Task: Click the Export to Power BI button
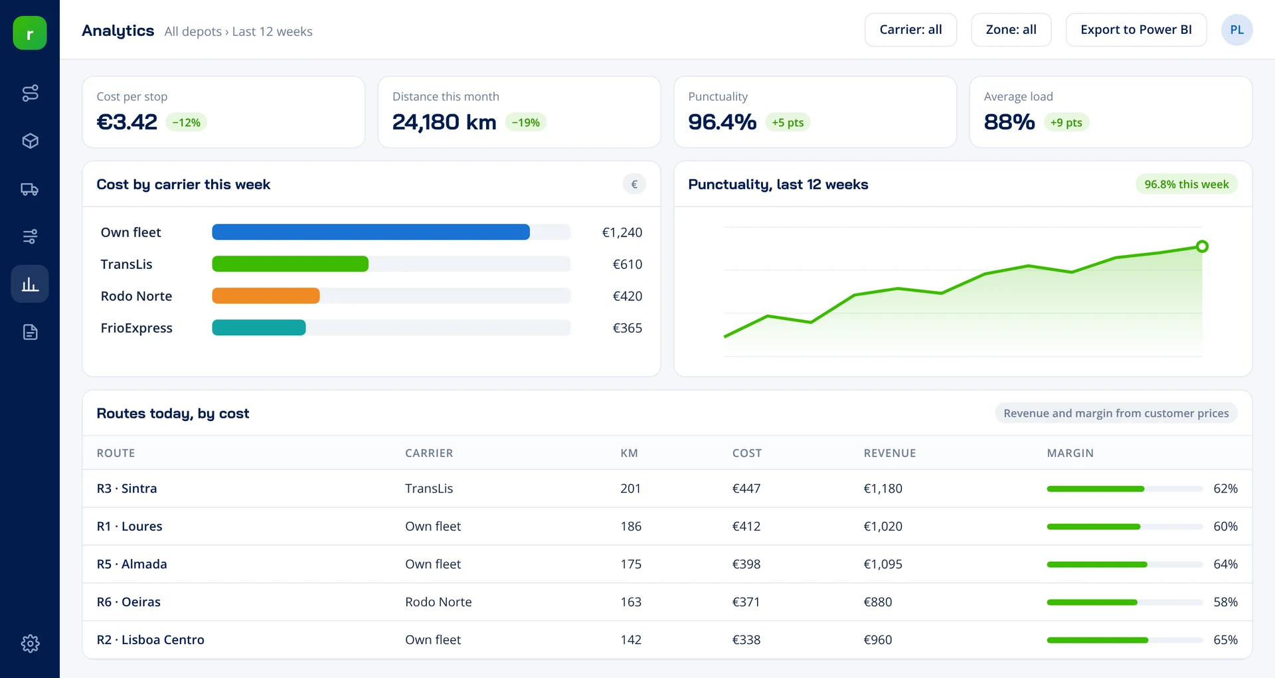(x=1136, y=30)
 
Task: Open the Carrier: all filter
(x=910, y=30)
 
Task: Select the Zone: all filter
(x=1011, y=30)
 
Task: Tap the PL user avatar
(x=1236, y=30)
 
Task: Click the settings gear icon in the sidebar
(x=30, y=643)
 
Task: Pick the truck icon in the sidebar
(x=30, y=189)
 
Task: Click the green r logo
(x=30, y=33)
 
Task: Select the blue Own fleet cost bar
(x=371, y=232)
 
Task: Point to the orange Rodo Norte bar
(x=266, y=296)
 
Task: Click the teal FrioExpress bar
(x=259, y=327)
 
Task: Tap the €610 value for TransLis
(x=627, y=264)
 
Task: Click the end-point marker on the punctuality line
(x=1202, y=246)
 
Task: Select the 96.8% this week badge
(x=1186, y=185)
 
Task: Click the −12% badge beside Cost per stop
(x=186, y=122)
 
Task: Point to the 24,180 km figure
(x=444, y=122)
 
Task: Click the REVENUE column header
(x=889, y=453)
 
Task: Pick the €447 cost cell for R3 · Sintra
(x=746, y=489)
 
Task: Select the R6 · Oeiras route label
(x=129, y=602)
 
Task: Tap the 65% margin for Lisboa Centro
(x=1225, y=640)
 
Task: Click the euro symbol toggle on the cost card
(x=634, y=185)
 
